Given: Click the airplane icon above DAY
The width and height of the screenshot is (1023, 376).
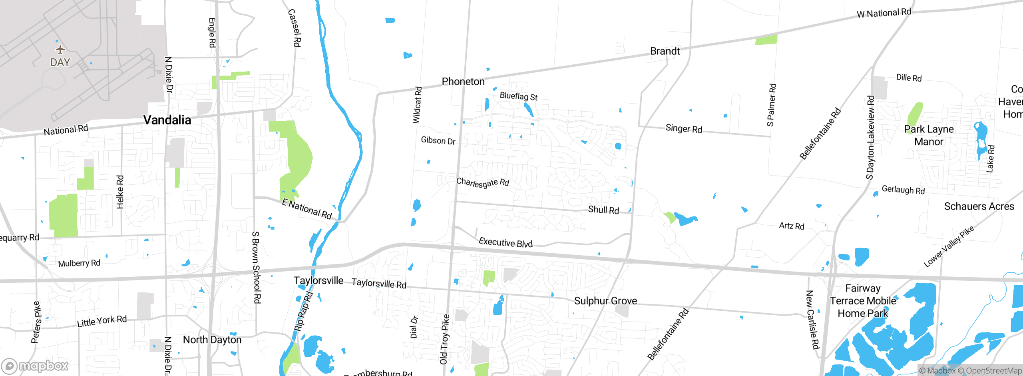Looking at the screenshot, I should pyautogui.click(x=60, y=50).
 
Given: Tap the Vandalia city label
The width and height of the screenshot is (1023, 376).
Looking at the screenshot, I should pyautogui.click(x=167, y=120).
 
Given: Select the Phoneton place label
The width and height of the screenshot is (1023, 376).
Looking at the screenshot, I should pyautogui.click(x=463, y=82).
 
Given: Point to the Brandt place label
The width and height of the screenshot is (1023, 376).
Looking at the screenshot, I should pyautogui.click(x=665, y=51).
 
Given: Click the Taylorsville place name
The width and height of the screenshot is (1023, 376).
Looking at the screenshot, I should pyautogui.click(x=318, y=280).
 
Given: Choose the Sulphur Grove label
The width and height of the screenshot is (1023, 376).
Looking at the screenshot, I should pyautogui.click(x=605, y=301).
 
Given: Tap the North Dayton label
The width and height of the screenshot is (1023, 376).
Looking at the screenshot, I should pyautogui.click(x=212, y=340).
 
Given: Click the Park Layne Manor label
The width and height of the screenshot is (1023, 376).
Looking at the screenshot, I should pyautogui.click(x=929, y=135).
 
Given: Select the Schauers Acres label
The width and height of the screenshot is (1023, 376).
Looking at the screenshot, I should pyautogui.click(x=979, y=206).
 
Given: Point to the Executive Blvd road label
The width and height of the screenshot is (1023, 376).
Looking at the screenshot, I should pyautogui.click(x=506, y=242).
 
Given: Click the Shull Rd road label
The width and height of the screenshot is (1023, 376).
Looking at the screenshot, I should pyautogui.click(x=603, y=210).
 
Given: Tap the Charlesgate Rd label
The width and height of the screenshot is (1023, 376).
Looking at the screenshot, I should pyautogui.click(x=483, y=183).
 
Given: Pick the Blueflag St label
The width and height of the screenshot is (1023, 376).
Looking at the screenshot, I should pyautogui.click(x=519, y=96).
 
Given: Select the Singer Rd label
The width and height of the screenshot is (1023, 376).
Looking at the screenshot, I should pyautogui.click(x=684, y=129).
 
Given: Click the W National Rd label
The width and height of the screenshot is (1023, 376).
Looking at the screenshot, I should pyautogui.click(x=884, y=13).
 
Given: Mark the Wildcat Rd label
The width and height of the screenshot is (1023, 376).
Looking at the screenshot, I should pyautogui.click(x=417, y=105).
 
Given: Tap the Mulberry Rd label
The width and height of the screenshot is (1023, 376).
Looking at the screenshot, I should pyautogui.click(x=79, y=263).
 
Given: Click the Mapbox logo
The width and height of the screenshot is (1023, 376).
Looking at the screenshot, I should pyautogui.click(x=35, y=366).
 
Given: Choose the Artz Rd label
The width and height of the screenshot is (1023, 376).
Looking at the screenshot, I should pyautogui.click(x=792, y=226).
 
